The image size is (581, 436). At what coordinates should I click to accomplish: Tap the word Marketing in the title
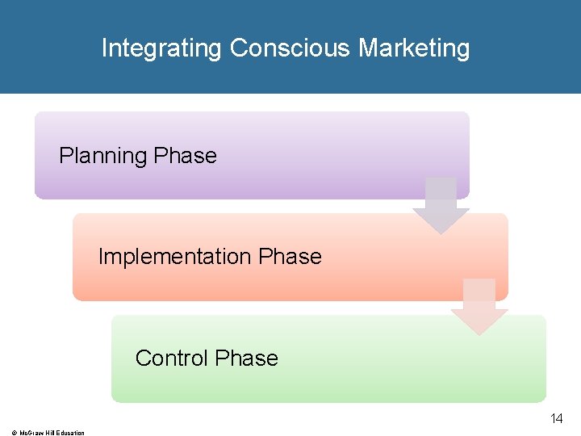(x=414, y=48)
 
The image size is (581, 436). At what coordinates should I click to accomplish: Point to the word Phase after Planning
(x=186, y=156)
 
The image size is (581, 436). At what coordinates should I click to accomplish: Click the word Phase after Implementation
(x=290, y=257)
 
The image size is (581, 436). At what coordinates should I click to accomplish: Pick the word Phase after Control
(x=247, y=358)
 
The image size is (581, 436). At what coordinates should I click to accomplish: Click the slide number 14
(x=556, y=418)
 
